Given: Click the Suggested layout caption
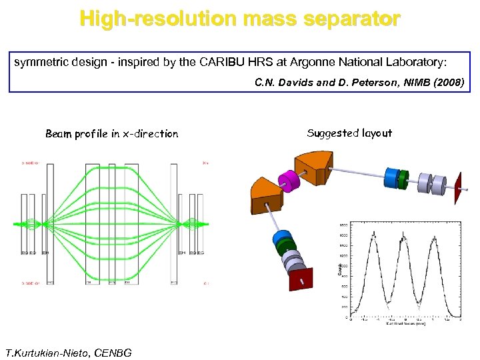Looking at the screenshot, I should (349, 133).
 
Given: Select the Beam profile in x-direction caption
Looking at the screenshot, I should (112, 134).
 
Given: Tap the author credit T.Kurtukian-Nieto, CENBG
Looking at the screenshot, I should (68, 352).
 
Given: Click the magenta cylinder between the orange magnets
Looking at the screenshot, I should (291, 181).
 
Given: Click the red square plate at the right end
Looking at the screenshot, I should (458, 189).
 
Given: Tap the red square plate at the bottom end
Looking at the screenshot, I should (301, 280).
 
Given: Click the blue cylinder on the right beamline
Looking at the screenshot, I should (391, 177).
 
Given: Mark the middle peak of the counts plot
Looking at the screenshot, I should (403, 237).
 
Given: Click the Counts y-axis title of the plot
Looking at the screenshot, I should (339, 271).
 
